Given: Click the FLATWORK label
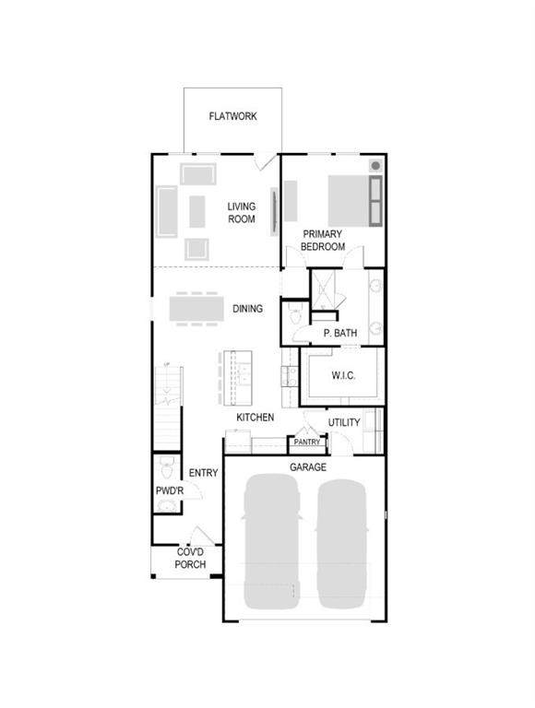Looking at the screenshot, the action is (x=232, y=116).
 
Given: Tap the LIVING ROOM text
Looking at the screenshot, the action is (x=242, y=213).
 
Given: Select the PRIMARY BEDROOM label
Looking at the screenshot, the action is (x=323, y=241).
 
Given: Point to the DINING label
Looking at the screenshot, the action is (x=247, y=309).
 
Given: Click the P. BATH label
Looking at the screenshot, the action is (x=340, y=333).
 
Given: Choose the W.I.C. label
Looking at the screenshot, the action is (x=343, y=375).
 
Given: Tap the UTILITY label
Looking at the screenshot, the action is (x=344, y=422).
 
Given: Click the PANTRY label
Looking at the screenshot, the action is (x=307, y=442).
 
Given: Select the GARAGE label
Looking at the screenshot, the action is (x=308, y=466).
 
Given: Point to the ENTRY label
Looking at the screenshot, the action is (x=203, y=473).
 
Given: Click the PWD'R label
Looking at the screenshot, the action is (x=170, y=490).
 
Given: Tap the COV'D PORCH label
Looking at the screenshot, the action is (x=190, y=558).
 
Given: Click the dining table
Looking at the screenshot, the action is (x=196, y=309).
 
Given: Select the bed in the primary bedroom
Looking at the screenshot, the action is (x=355, y=200).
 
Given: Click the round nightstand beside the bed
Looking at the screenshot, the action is (x=375, y=166).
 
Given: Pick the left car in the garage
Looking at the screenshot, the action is (x=271, y=541).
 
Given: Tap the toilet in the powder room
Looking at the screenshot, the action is (x=167, y=467).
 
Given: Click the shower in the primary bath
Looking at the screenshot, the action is (x=324, y=289).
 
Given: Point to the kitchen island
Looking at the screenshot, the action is (x=237, y=378).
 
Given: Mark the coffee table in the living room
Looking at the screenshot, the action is (x=197, y=211).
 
